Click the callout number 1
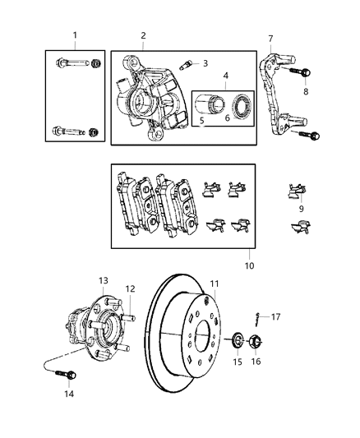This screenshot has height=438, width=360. coord(75,35)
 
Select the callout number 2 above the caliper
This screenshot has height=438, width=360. coord(143,35)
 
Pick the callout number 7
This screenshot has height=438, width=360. coord(270,37)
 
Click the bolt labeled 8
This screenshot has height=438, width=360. coord(303,75)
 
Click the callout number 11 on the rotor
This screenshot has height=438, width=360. coord(215,284)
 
